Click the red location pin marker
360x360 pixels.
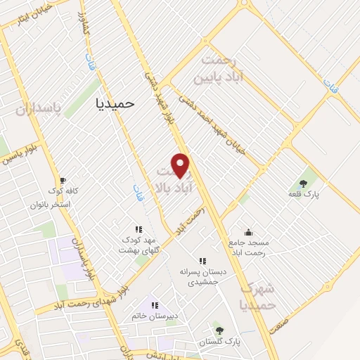(181, 165)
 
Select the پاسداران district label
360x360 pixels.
(39, 110)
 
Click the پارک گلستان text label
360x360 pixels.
(219, 342)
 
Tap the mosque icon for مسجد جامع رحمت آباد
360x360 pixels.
(247, 231)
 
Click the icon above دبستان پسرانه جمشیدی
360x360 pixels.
(203, 260)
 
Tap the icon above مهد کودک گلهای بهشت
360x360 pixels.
(139, 229)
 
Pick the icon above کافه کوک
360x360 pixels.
(63, 180)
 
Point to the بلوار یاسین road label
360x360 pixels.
(19, 155)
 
